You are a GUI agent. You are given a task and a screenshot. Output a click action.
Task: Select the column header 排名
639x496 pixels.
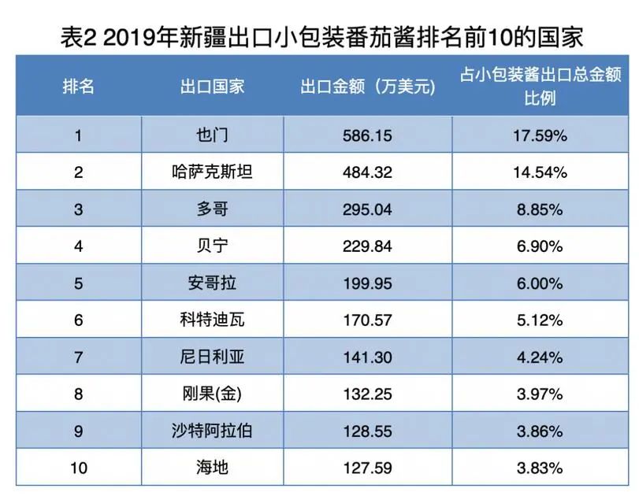pyautogui.click(x=79, y=86)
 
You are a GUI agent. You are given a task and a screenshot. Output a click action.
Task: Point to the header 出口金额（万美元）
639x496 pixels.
pyautogui.click(x=367, y=86)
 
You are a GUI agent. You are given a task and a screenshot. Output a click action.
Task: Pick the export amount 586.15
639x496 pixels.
pyautogui.click(x=367, y=135)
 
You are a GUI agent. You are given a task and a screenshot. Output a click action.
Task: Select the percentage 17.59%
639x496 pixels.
pyautogui.click(x=540, y=135)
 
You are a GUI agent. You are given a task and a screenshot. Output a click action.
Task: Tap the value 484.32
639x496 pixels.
pyautogui.click(x=367, y=172)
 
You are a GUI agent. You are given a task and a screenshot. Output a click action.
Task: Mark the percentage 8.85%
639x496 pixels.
pyautogui.click(x=540, y=209)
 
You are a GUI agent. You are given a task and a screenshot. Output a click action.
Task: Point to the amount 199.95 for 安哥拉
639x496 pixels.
pyautogui.click(x=367, y=283)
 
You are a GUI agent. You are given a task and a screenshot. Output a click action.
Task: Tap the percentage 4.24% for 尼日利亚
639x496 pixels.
pyautogui.click(x=540, y=357)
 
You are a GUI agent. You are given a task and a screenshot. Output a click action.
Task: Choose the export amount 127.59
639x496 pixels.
pyautogui.click(x=367, y=468)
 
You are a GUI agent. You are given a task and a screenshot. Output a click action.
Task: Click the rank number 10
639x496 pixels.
pyautogui.click(x=79, y=468)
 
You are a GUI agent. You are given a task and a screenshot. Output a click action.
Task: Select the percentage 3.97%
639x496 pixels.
pyautogui.click(x=540, y=394)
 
